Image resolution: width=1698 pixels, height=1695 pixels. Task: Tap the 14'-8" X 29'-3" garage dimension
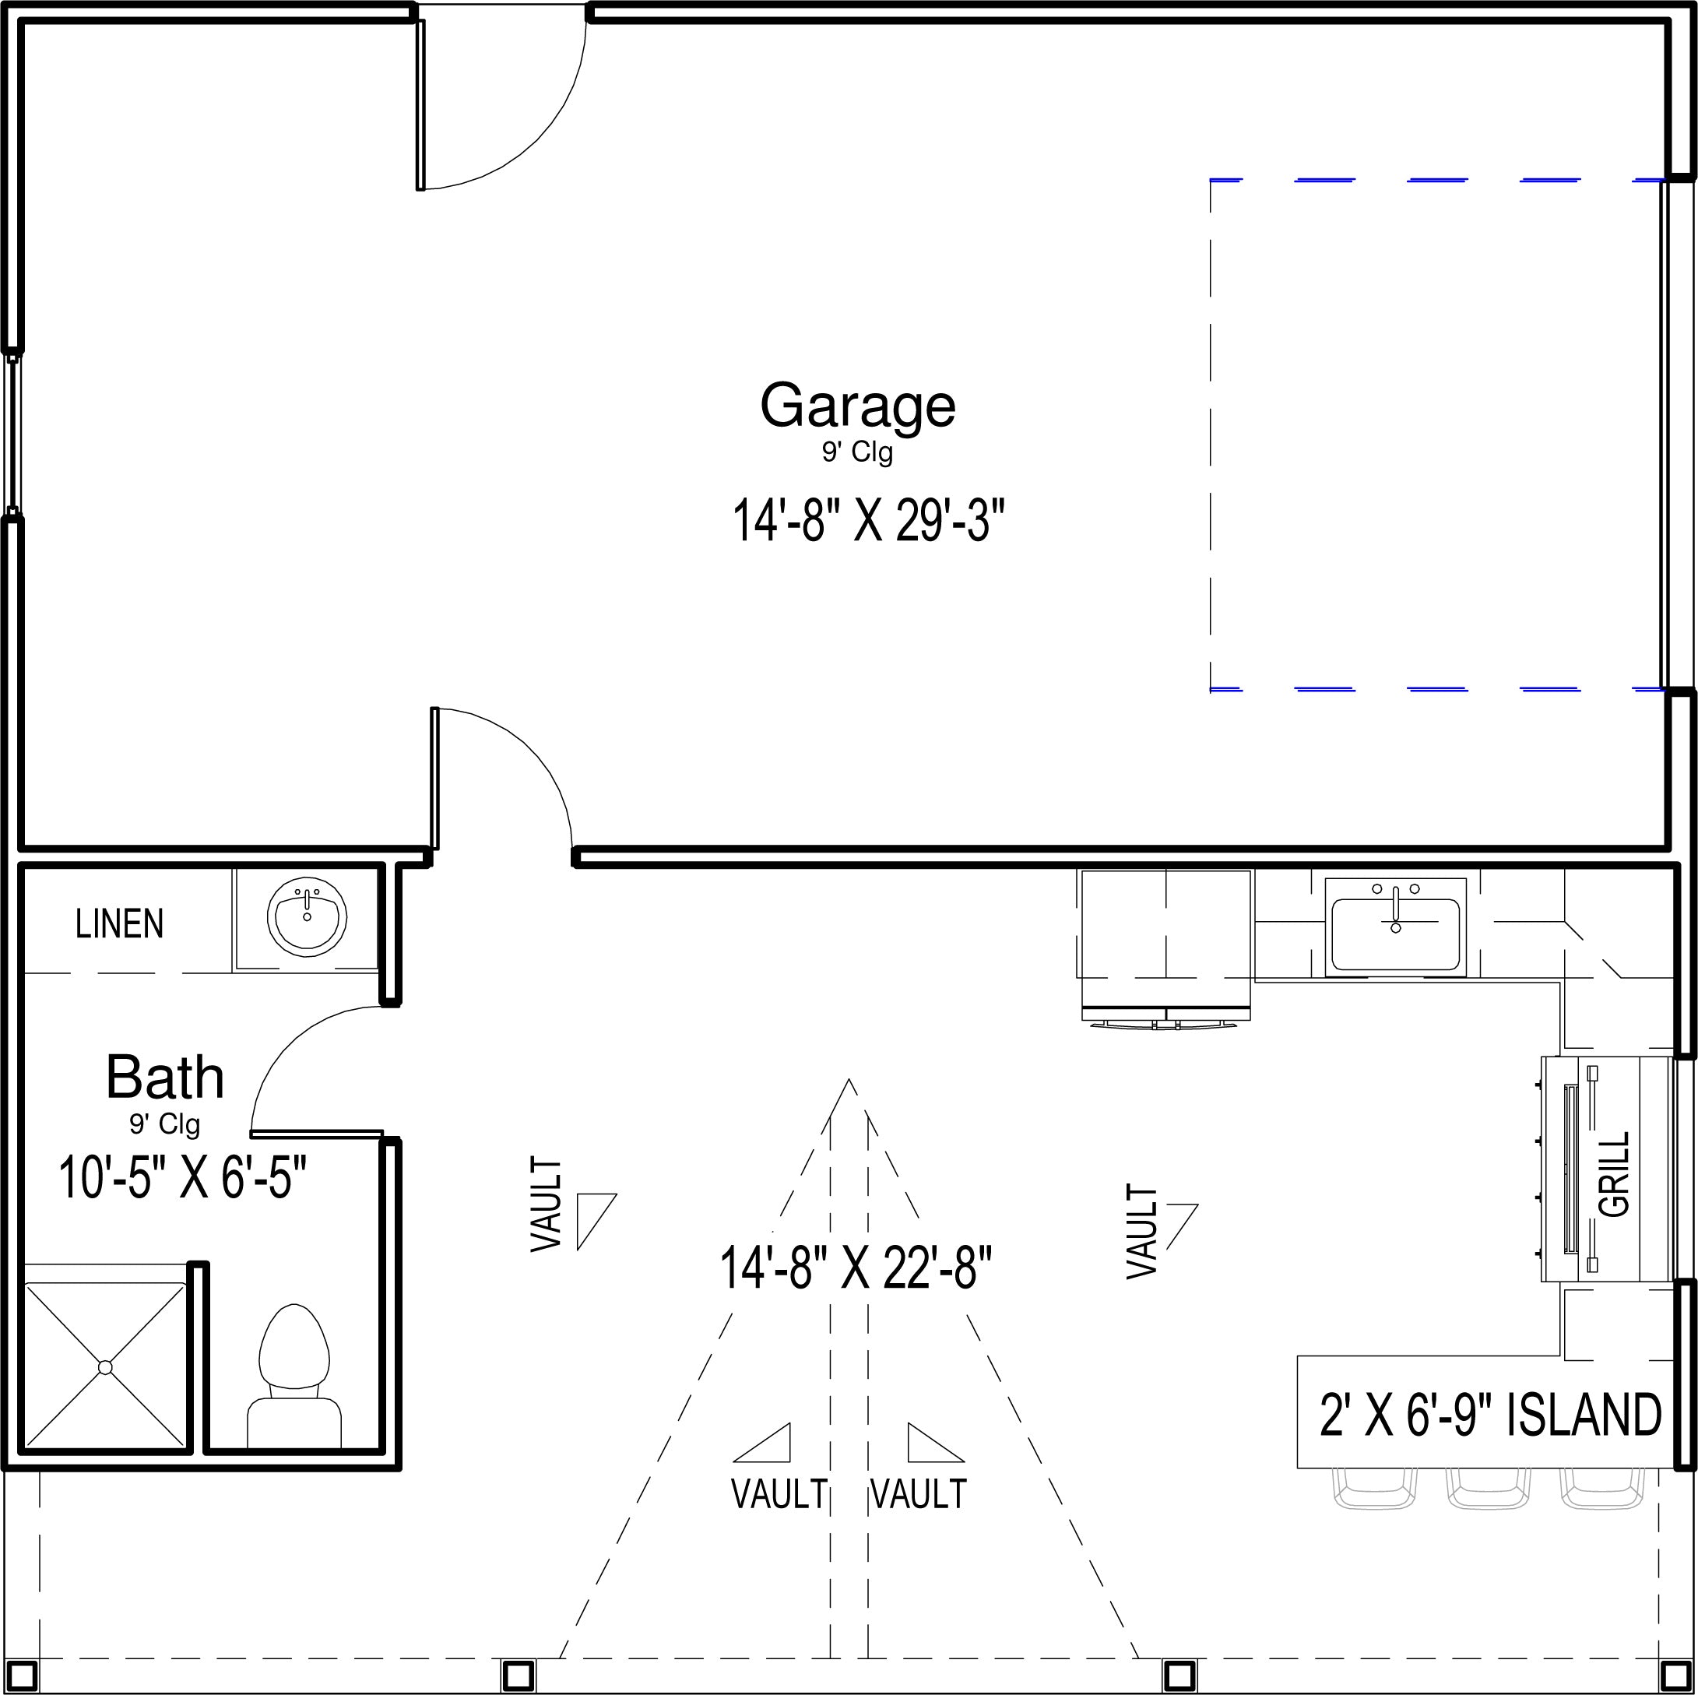tap(868, 519)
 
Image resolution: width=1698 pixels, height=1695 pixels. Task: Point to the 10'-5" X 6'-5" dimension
tap(183, 1177)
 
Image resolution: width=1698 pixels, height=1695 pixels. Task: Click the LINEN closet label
tap(120, 924)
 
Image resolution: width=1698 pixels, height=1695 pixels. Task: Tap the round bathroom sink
tap(307, 916)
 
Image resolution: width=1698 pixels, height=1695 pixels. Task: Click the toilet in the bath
tap(294, 1376)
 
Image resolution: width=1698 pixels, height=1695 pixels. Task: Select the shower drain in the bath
tap(105, 1367)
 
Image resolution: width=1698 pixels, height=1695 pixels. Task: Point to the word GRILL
tap(1615, 1173)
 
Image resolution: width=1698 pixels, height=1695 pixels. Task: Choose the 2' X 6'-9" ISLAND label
tap(1491, 1415)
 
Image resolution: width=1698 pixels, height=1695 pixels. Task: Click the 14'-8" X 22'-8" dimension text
tap(856, 1267)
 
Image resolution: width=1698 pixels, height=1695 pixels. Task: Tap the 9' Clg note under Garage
tap(858, 453)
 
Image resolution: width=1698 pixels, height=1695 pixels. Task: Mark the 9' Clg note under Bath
tap(165, 1124)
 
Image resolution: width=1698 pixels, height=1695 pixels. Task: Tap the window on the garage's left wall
tap(12, 435)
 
